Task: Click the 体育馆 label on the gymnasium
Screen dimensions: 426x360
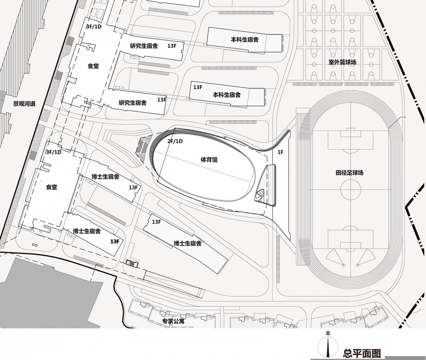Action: pyautogui.click(x=209, y=159)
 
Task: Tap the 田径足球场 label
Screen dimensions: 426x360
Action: pyautogui.click(x=349, y=173)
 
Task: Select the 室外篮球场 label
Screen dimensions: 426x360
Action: pyautogui.click(x=342, y=62)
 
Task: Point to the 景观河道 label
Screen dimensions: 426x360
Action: pyautogui.click(x=24, y=103)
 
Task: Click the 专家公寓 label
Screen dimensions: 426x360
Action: pyautogui.click(x=173, y=321)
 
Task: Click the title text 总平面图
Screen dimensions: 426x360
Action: pyautogui.click(x=362, y=353)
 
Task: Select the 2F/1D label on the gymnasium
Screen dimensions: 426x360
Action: pyautogui.click(x=175, y=141)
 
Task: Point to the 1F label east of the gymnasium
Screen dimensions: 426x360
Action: pyautogui.click(x=280, y=152)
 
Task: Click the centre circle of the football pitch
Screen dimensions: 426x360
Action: pyautogui.click(x=351, y=190)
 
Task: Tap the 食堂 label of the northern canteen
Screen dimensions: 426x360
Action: pyautogui.click(x=93, y=66)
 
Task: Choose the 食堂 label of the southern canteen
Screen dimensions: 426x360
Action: pyautogui.click(x=51, y=187)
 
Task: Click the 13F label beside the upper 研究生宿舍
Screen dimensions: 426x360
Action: pyautogui.click(x=172, y=46)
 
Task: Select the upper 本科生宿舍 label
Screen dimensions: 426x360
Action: pyautogui.click(x=245, y=40)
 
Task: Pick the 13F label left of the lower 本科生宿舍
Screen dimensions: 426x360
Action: pyautogui.click(x=198, y=87)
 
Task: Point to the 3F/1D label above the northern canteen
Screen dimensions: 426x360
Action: pyautogui.click(x=94, y=27)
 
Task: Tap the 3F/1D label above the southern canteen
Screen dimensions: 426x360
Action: pyautogui.click(x=54, y=152)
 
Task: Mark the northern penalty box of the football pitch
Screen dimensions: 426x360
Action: pyautogui.click(x=351, y=140)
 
